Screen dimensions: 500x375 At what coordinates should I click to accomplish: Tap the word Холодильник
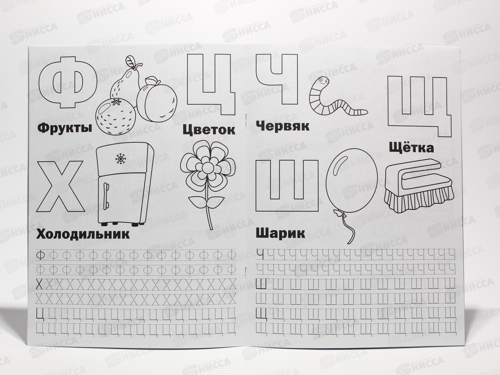point(83,234)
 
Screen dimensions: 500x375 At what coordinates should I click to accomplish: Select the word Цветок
point(209,130)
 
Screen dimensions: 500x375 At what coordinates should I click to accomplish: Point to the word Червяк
point(282,126)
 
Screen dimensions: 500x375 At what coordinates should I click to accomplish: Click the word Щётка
point(411,147)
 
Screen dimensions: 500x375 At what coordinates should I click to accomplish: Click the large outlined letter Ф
point(67,82)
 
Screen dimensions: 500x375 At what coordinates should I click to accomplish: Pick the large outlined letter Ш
point(287,186)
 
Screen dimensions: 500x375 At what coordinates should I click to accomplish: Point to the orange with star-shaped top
point(116,116)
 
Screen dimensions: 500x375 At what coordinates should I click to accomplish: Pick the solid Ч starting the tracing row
point(260,254)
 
